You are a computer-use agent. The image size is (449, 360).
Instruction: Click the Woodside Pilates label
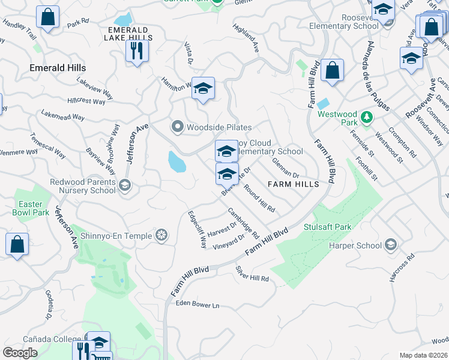(218, 127)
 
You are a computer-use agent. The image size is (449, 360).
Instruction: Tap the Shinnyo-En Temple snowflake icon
(161, 236)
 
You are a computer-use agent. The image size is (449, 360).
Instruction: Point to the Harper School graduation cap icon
(391, 245)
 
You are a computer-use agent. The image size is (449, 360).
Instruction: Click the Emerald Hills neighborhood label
(58, 68)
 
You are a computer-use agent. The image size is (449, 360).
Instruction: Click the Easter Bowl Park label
(30, 208)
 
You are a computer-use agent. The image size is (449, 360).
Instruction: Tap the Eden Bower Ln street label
(197, 305)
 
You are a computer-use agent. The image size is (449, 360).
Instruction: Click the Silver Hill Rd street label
(252, 274)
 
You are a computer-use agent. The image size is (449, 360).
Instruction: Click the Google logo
(20, 353)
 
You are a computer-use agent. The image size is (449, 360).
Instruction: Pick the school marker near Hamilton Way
(203, 89)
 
